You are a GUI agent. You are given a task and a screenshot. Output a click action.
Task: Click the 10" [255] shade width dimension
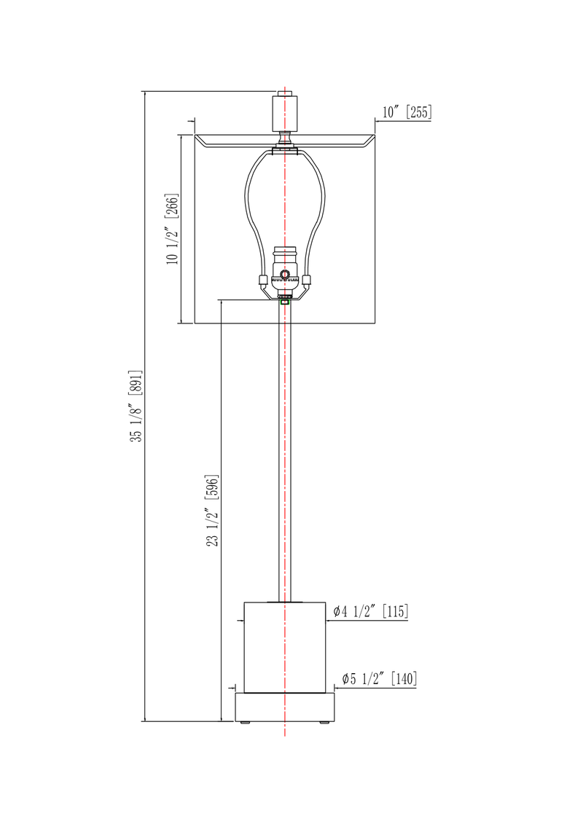tap(407, 112)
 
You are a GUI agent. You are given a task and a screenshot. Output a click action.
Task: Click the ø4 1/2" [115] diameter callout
tap(370, 612)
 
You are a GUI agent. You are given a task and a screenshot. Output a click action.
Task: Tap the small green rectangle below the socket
tap(285, 301)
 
